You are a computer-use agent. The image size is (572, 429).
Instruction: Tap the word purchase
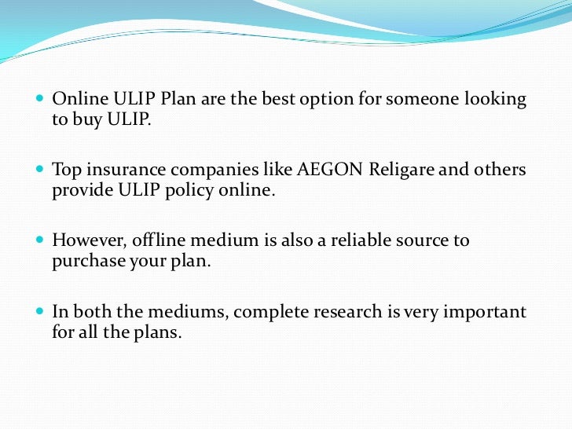pos(86,261)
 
